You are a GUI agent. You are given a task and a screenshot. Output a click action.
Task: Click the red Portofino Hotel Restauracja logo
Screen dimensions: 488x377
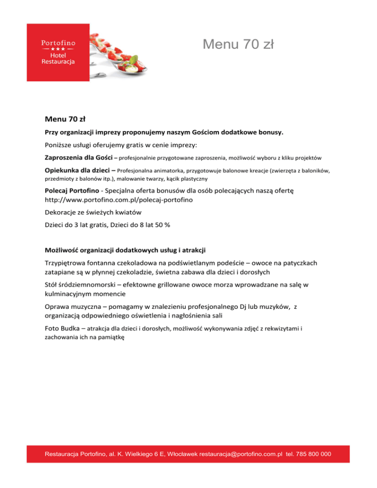click(x=58, y=53)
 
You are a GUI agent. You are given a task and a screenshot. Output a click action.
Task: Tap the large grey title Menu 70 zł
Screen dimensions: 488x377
click(x=238, y=45)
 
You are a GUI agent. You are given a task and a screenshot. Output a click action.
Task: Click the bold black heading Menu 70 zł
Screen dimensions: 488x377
click(x=65, y=119)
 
